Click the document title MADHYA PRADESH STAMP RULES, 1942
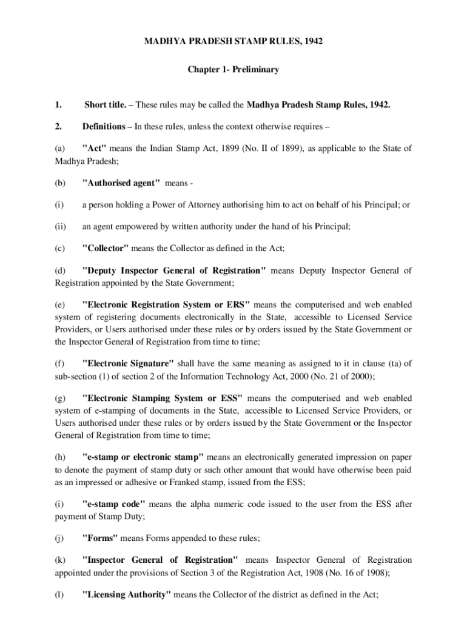(233, 42)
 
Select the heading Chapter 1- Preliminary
(233, 70)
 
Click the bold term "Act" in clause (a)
(94, 149)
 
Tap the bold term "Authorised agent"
(121, 183)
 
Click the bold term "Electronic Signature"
(127, 364)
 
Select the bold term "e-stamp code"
(113, 504)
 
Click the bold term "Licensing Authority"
(126, 596)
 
